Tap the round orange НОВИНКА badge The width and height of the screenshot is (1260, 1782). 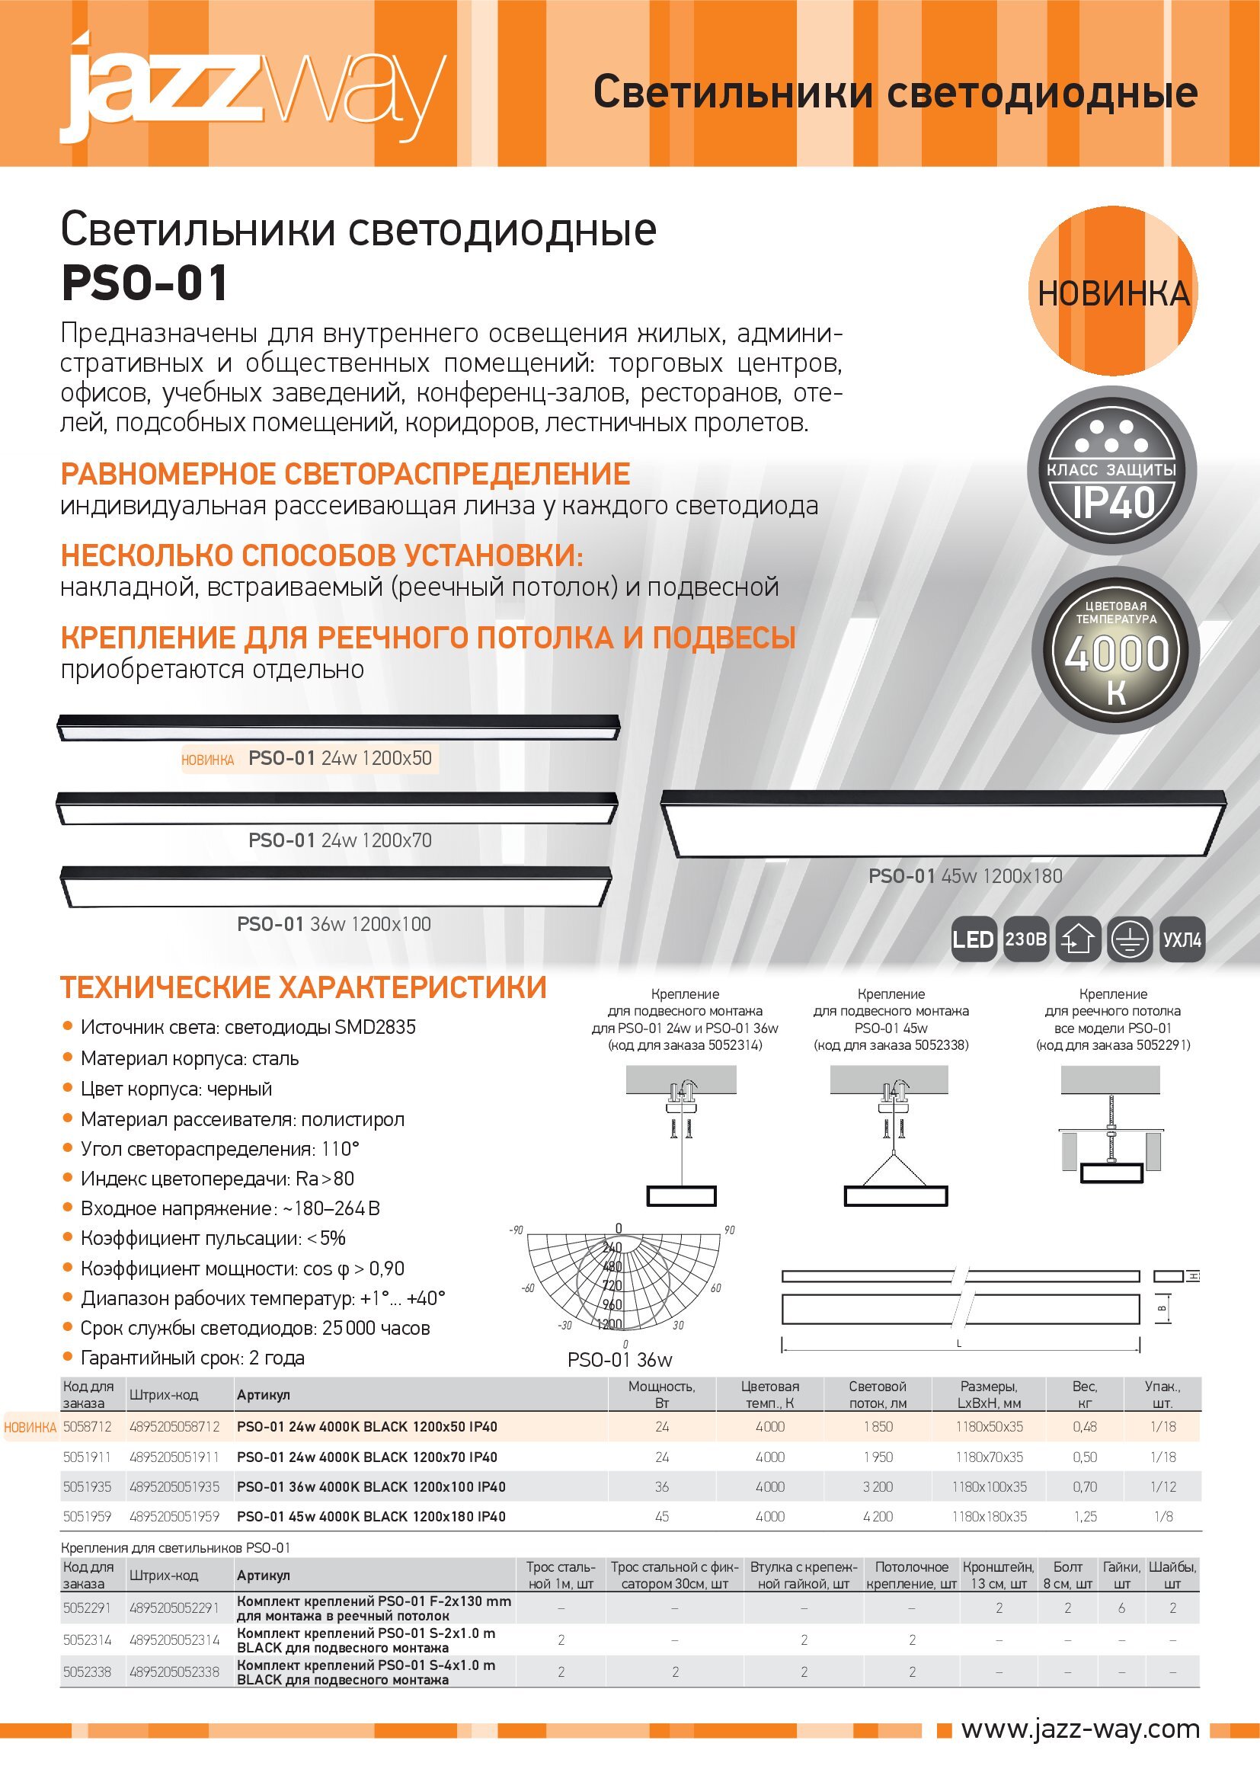pos(1112,292)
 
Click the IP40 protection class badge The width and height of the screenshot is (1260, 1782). pos(1111,471)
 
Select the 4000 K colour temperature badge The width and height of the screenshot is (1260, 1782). pos(1116,651)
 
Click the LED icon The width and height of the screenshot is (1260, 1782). pos(973,940)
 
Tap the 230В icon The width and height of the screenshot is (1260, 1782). pos(1025,940)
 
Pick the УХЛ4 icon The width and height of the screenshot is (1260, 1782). pos(1182,940)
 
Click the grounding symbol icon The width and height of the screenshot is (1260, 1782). pos(1130,940)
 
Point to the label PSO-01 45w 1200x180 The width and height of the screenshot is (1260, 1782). pos(964,876)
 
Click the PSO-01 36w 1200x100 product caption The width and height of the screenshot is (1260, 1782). pos(334,924)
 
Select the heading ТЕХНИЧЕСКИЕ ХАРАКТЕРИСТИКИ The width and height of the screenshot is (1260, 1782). pos(303,988)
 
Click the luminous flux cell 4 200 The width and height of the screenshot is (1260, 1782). pos(878,1517)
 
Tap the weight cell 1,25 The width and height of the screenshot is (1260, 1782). pos(1085,1517)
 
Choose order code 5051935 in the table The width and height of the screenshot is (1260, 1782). pos(87,1487)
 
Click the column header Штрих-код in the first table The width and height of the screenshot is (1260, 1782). pos(164,1395)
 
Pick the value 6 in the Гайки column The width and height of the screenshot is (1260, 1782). pos(1121,1608)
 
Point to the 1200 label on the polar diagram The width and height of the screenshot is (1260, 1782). pos(609,1324)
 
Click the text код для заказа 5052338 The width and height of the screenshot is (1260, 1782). pos(891,1045)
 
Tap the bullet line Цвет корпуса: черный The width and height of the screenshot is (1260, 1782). pos(176,1089)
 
